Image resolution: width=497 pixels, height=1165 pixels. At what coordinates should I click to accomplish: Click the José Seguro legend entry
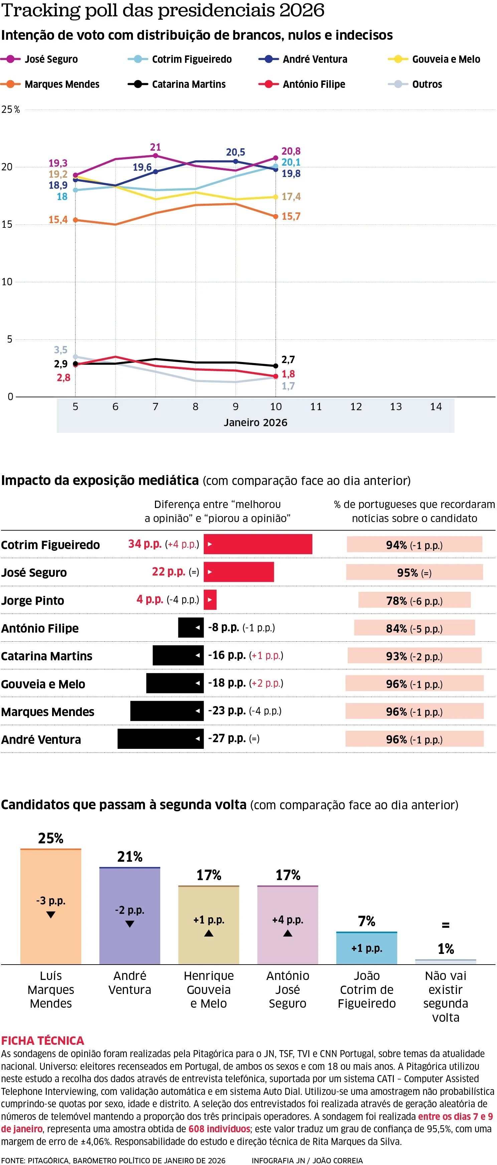coord(51,59)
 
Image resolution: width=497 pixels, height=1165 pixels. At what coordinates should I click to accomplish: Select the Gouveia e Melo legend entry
coord(446,59)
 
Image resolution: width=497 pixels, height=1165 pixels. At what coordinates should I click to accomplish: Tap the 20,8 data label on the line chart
coord(291,151)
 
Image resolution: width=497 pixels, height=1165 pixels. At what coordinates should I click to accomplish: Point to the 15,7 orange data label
coord(291,217)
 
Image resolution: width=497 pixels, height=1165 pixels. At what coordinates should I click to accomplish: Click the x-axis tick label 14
coord(436,406)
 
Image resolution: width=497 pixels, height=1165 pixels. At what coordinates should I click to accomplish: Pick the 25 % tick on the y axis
coord(10,110)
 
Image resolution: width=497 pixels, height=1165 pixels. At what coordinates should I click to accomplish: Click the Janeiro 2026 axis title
coord(256,423)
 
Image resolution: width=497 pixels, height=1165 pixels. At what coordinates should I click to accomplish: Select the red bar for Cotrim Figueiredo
coord(258,544)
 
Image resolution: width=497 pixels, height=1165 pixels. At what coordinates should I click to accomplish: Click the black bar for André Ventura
coord(161,738)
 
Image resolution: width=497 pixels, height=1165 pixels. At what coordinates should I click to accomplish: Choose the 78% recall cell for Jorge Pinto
coord(414,601)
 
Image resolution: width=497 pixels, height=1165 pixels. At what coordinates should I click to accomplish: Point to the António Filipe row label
coord(40,628)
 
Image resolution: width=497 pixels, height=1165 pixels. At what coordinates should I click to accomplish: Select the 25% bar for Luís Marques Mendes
coord(51,907)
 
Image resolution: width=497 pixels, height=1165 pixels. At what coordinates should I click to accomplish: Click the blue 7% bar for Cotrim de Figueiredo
coord(366,948)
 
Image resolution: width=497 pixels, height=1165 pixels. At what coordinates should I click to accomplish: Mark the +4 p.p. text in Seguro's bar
coord(288,920)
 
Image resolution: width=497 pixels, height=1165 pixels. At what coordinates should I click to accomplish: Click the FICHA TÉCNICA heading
coord(42,1041)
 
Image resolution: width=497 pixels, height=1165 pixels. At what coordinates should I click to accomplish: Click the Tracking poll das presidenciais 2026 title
coord(163,10)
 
